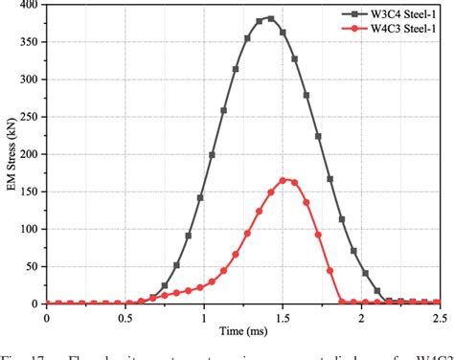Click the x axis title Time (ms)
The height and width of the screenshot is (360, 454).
point(241,331)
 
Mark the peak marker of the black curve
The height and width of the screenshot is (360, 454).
point(271,18)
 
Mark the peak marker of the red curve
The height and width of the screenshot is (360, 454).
point(283,179)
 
